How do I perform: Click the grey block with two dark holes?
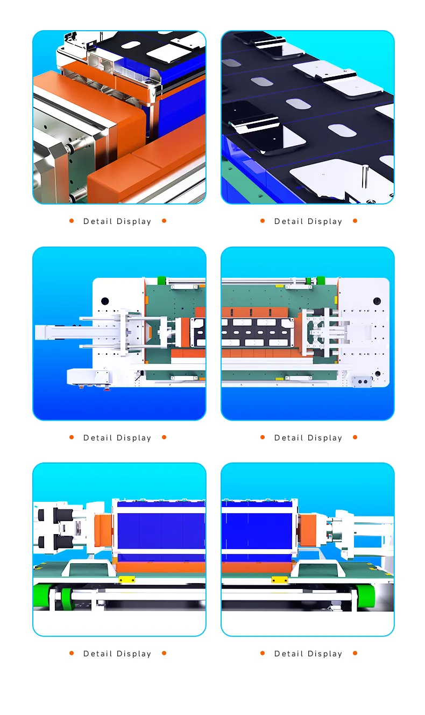click(362, 381)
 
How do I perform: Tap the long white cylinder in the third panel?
click(65, 332)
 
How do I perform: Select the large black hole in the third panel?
click(105, 301)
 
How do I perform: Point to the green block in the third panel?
click(161, 281)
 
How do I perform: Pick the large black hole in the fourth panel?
click(377, 301)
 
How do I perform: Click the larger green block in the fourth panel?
click(321, 281)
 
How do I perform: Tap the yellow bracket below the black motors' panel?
click(126, 579)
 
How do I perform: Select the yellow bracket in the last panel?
click(280, 579)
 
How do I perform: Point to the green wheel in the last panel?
click(365, 595)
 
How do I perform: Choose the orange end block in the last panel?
click(308, 530)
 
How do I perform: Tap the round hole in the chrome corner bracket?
click(147, 82)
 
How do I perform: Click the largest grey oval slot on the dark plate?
click(343, 130)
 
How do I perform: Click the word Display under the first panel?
click(134, 221)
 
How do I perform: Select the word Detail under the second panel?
click(288, 221)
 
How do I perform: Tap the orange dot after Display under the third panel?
click(164, 437)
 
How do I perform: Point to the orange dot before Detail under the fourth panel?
click(263, 437)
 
